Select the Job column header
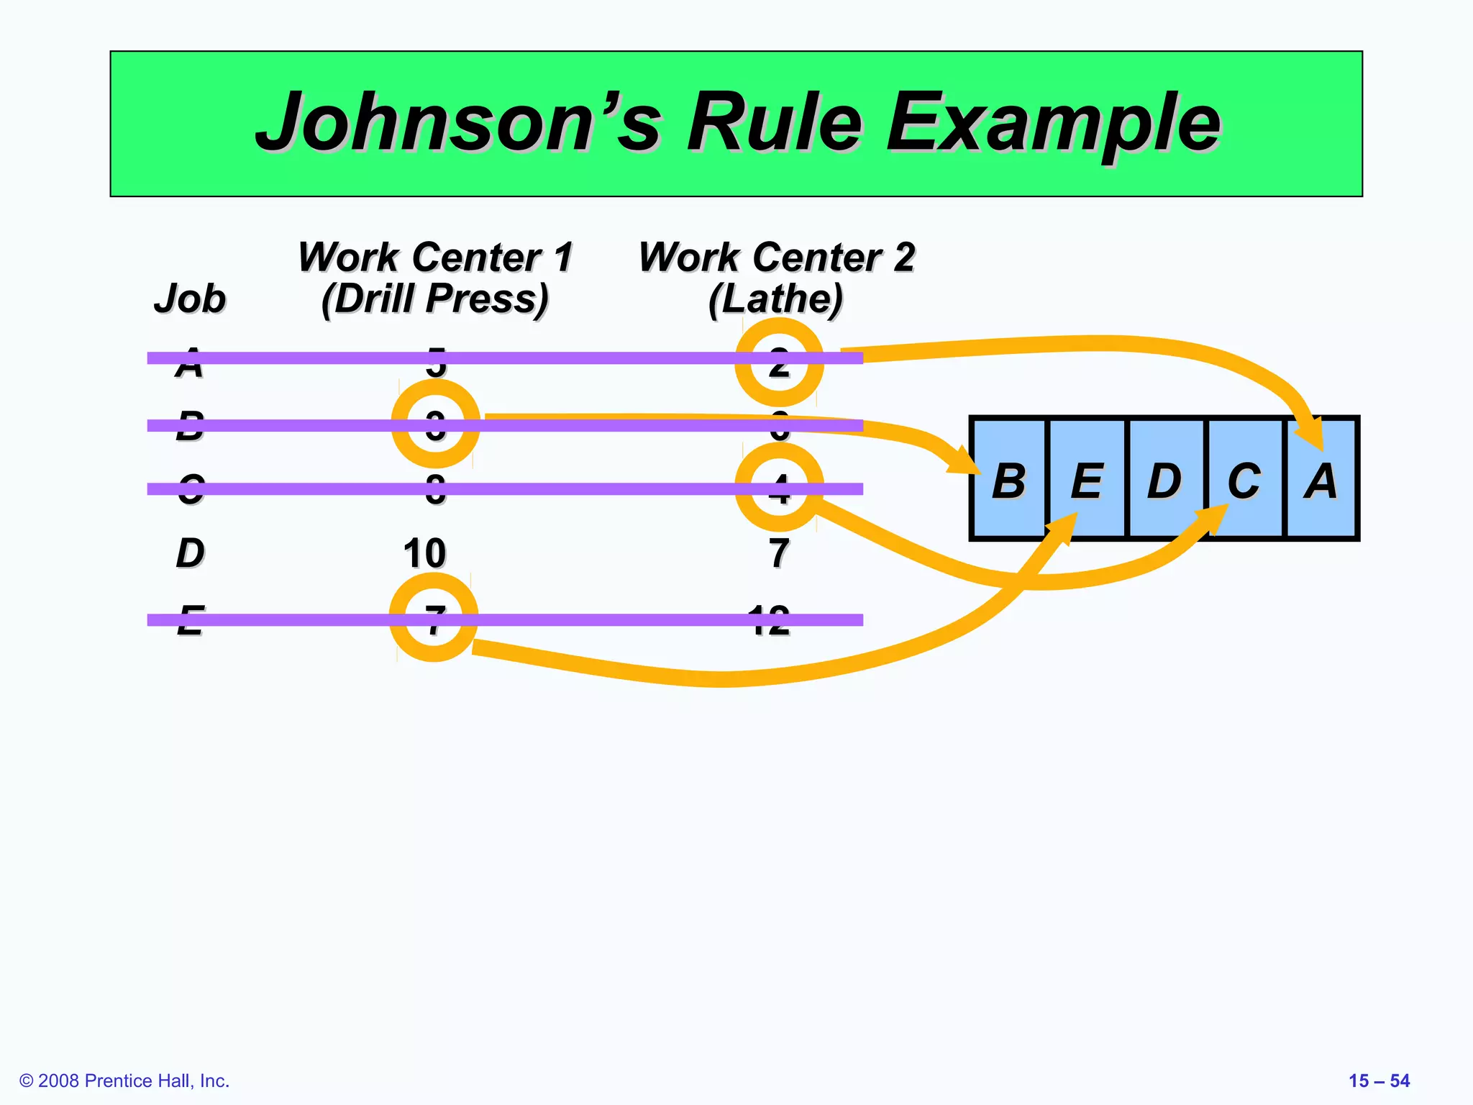point(190,299)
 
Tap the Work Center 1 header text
point(435,257)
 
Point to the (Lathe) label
point(775,299)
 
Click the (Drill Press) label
point(435,299)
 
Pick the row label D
point(190,553)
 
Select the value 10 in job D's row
point(424,553)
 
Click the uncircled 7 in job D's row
point(779,553)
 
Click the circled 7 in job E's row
point(434,618)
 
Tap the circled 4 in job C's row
point(779,488)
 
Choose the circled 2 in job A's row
point(779,362)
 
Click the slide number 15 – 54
point(1379,1081)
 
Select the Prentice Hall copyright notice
point(124,1081)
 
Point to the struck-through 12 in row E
point(769,620)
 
